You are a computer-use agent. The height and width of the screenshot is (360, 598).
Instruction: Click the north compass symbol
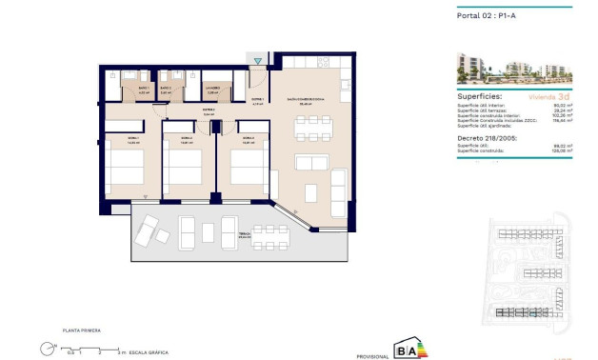click(x=46, y=348)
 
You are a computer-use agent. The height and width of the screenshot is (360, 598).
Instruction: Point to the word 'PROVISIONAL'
click(x=369, y=354)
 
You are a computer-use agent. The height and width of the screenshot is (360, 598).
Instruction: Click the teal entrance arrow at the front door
click(x=257, y=63)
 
